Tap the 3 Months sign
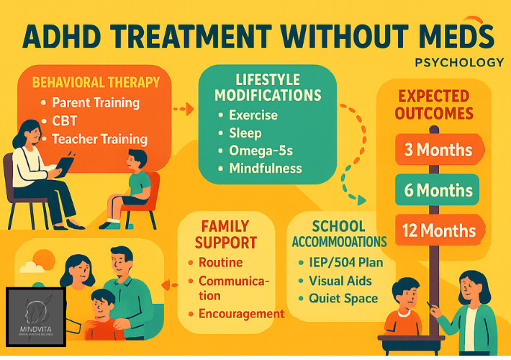coord(438,150)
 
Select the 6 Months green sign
coord(438,191)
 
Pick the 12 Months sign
coord(438,230)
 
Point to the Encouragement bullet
coord(241,313)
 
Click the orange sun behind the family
coord(44,260)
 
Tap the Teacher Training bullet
coord(104,138)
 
